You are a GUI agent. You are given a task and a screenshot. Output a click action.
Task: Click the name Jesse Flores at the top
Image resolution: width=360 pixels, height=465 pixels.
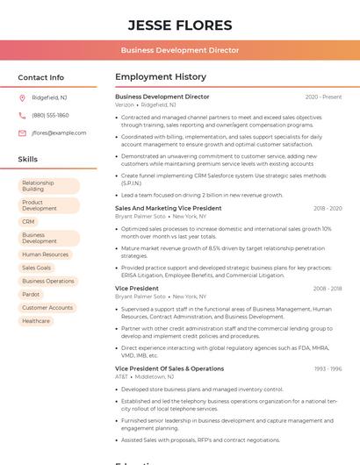coord(180,25)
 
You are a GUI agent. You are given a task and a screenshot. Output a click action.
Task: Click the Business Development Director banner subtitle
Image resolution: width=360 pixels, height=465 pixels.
coord(180,50)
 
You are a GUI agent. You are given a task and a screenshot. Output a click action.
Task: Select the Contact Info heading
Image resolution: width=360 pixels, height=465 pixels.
coord(40,77)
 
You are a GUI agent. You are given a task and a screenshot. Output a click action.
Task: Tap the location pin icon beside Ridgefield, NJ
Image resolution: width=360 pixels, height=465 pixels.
coord(22,97)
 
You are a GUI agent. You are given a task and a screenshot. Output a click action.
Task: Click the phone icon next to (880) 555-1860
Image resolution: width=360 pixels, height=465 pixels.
coord(22,115)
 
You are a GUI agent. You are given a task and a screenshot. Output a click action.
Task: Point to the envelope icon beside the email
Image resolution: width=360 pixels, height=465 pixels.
coord(22,133)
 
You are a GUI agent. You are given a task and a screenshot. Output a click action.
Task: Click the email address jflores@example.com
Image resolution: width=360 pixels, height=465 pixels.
coord(59,133)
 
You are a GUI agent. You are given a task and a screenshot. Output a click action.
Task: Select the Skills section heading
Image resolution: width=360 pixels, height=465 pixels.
coord(28,159)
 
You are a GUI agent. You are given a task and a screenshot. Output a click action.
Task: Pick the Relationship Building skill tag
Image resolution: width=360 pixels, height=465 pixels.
coord(48,185)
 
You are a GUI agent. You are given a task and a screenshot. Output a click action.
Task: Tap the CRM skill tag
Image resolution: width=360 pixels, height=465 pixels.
coord(29,222)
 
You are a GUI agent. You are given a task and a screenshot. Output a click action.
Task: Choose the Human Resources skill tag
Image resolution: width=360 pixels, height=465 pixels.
coord(45,254)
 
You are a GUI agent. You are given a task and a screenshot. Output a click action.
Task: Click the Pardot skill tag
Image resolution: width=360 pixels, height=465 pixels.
coord(31,294)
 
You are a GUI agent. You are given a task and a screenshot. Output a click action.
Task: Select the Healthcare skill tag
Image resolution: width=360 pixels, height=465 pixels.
coord(36,321)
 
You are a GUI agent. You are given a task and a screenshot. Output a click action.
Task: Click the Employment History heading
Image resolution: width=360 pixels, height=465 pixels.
coord(161,77)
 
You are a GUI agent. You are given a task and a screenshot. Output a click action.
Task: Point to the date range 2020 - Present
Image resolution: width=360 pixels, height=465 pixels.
coord(323,97)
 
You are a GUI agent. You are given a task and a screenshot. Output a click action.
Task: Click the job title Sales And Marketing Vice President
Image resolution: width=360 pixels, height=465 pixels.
coord(168,208)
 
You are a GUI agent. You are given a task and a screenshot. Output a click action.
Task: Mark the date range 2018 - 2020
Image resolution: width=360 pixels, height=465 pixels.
coord(327,208)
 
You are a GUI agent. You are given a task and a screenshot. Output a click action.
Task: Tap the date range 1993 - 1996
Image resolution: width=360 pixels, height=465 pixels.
coord(328,368)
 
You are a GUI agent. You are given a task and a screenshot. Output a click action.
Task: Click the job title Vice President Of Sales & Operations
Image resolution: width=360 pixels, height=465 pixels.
coord(169,368)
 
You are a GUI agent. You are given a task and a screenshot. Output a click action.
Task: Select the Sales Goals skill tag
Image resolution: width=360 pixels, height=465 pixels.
coord(36,268)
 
